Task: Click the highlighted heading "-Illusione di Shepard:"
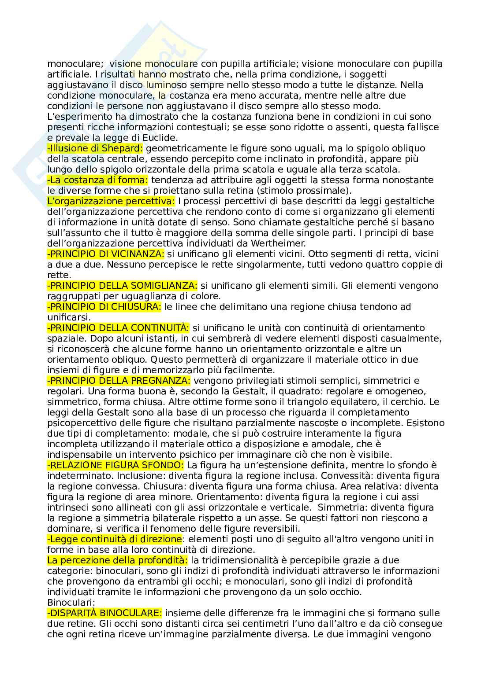click(x=95, y=148)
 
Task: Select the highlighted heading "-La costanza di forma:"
click(x=97, y=180)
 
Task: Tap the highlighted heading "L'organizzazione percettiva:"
click(x=111, y=201)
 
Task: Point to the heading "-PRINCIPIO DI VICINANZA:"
click(x=105, y=254)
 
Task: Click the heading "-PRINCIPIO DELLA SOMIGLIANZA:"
click(x=122, y=286)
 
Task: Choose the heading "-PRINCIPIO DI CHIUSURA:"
click(x=104, y=307)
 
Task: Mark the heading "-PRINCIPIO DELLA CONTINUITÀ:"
click(x=118, y=328)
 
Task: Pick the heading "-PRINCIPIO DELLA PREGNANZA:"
click(x=119, y=381)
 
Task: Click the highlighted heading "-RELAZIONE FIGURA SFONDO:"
click(x=116, y=465)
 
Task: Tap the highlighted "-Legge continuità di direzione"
click(x=114, y=539)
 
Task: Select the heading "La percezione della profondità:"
click(x=117, y=560)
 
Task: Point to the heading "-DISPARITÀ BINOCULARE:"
click(x=104, y=613)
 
